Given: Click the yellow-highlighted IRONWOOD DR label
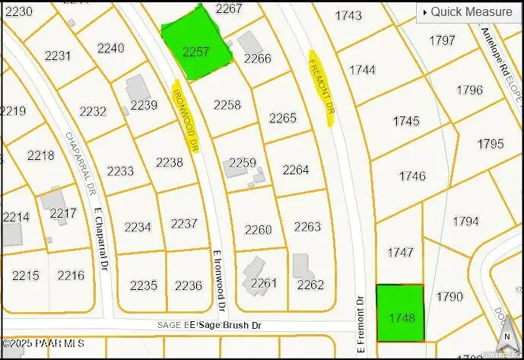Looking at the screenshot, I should point(186,116).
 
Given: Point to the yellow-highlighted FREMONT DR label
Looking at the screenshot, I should point(321,88).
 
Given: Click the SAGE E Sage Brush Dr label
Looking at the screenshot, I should point(209,326).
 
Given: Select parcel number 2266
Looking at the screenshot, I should point(257,59).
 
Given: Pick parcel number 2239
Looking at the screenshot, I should point(144,106).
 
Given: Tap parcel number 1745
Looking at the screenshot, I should point(406,121).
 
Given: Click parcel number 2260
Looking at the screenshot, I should point(258,230).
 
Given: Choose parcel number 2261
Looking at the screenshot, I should point(264,284).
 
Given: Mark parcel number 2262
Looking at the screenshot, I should point(310,285).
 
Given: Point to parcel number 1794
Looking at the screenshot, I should point(465,221).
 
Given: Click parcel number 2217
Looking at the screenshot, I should point(63,214).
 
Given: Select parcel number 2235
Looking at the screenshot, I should point(143,285).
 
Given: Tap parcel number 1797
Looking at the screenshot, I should point(442,40).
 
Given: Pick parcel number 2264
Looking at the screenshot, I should point(295,170).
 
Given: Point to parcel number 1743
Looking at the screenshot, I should point(348,15).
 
